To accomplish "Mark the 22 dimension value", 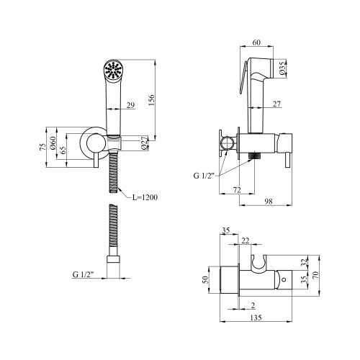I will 246,240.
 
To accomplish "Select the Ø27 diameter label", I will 144,143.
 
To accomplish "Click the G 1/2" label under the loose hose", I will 85,274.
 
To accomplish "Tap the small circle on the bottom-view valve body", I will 282,278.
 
